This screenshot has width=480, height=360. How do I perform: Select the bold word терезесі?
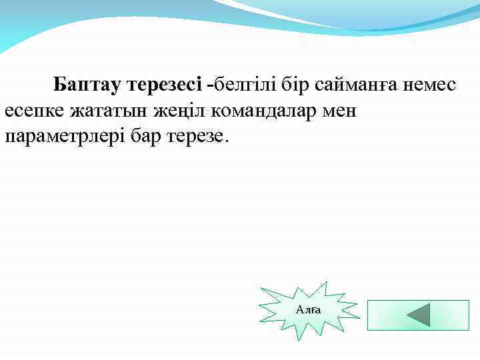coord(166,85)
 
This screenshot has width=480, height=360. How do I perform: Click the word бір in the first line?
coord(293,85)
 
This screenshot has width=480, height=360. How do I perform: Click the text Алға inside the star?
coord(308,310)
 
